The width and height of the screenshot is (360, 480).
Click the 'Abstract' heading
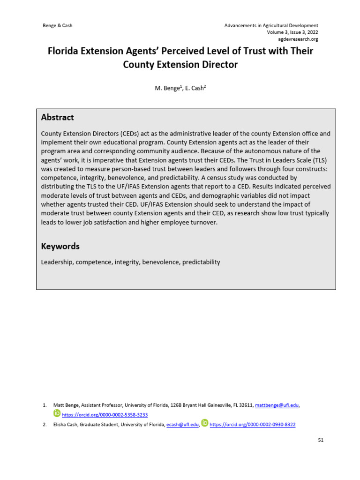pyautogui.click(x=57, y=118)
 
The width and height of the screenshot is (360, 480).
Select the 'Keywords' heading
pyautogui.click(x=60, y=247)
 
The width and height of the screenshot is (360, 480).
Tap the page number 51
pyautogui.click(x=320, y=440)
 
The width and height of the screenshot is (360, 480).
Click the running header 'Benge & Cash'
pyautogui.click(x=58, y=25)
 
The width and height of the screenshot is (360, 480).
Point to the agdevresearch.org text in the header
pyautogui.click(x=298, y=39)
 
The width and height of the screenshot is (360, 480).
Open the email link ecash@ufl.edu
pyautogui.click(x=182, y=425)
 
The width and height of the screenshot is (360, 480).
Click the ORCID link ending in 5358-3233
pyautogui.click(x=105, y=415)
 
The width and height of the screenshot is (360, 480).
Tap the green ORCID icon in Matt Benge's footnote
pyautogui.click(x=57, y=413)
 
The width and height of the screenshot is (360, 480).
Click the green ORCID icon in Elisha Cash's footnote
pyautogui.click(x=205, y=423)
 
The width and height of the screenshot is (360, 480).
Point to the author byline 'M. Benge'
pyautogui.click(x=167, y=88)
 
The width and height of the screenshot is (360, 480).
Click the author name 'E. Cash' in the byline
pyautogui.click(x=196, y=88)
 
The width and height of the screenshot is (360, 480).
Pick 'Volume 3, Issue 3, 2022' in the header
pyautogui.click(x=292, y=32)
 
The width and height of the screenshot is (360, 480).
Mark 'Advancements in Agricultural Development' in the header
pyautogui.click(x=271, y=25)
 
